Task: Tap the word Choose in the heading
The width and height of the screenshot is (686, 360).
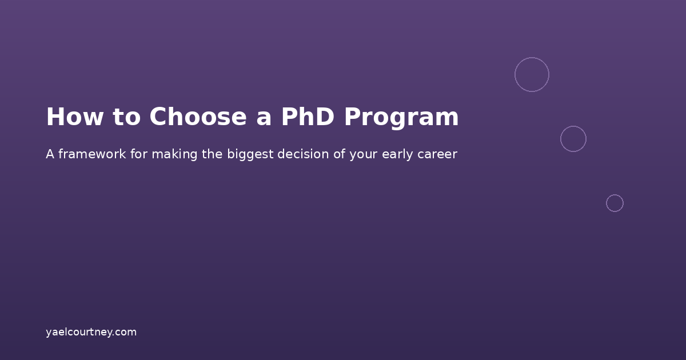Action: coord(198,117)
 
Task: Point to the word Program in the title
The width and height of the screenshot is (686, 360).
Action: coord(401,117)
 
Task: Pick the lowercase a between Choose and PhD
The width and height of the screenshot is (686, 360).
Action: coord(264,117)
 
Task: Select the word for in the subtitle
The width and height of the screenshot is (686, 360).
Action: coord(139,154)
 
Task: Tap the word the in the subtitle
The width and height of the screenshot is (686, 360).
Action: coord(213,154)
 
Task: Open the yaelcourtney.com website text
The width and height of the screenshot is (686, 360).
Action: coord(91,332)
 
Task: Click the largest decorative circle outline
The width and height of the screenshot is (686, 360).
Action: coord(532,74)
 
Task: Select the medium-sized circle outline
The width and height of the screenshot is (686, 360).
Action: coord(573,139)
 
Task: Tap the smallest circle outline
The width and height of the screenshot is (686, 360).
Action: coord(615,203)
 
